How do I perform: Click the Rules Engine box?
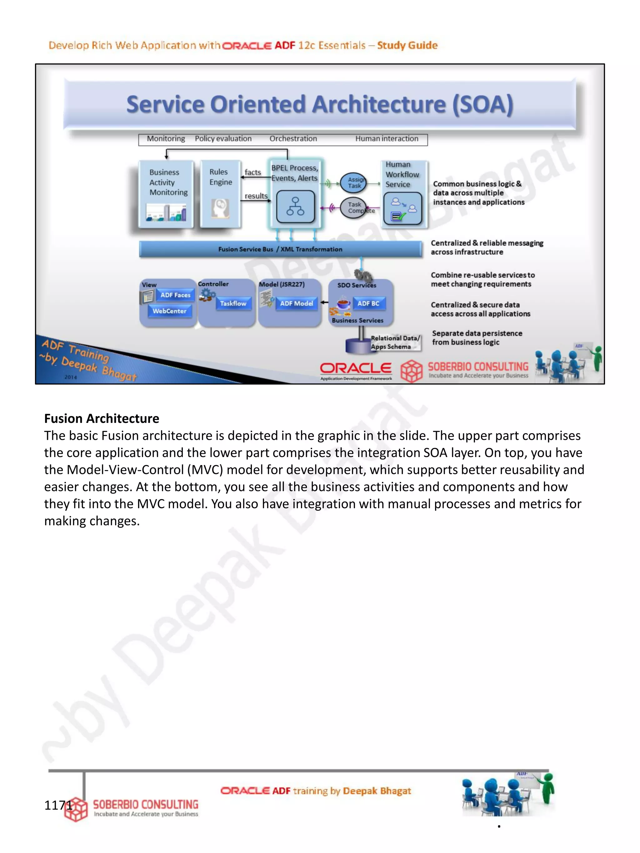tap(221, 194)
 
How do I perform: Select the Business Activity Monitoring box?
tap(166, 194)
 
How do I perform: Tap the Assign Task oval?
tap(354, 183)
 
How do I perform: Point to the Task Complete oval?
tap(354, 207)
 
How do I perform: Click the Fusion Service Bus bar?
tap(280, 249)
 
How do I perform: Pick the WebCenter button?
tap(169, 311)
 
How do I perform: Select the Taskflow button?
tap(233, 304)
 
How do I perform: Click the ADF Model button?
tap(296, 304)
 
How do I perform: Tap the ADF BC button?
tap(368, 304)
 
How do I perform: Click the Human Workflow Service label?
tap(402, 175)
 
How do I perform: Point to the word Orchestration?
tap(293, 139)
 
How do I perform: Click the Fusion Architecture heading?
tap(102, 419)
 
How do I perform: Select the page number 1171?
tap(58, 805)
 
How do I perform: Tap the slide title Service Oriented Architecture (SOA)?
tap(320, 105)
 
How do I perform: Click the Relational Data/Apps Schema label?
tap(395, 342)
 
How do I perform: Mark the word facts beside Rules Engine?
tap(253, 172)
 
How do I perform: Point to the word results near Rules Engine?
tap(256, 196)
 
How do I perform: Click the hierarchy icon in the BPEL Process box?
tap(295, 207)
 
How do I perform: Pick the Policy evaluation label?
tap(223, 139)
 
